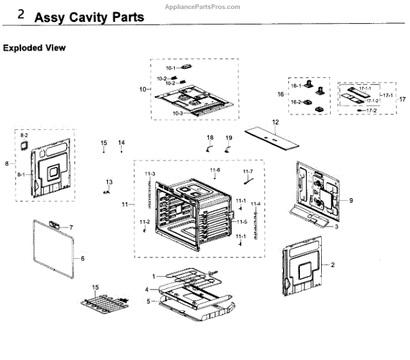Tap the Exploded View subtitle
pyautogui.click(x=34, y=48)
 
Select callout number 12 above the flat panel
pyautogui.click(x=275, y=122)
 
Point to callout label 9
pyautogui.click(x=351, y=201)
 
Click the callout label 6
pyautogui.click(x=82, y=258)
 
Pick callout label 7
pyautogui.click(x=70, y=227)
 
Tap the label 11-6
pyautogui.click(x=215, y=169)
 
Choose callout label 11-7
pyautogui.click(x=247, y=171)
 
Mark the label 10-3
pyautogui.click(x=177, y=113)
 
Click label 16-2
pyautogui.click(x=297, y=102)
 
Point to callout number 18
pyautogui.click(x=210, y=138)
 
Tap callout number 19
pyautogui.click(x=229, y=138)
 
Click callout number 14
pyautogui.click(x=121, y=142)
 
